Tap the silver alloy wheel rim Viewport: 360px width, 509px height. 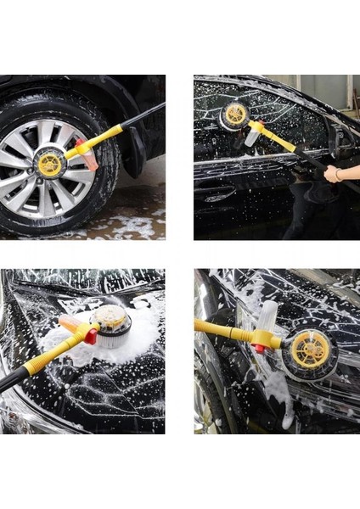coord(34,182)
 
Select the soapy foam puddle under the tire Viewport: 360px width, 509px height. coord(127,226)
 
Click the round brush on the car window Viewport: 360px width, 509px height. coord(234,115)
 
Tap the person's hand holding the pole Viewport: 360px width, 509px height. coord(333,175)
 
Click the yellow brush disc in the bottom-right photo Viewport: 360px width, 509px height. coord(311,348)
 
